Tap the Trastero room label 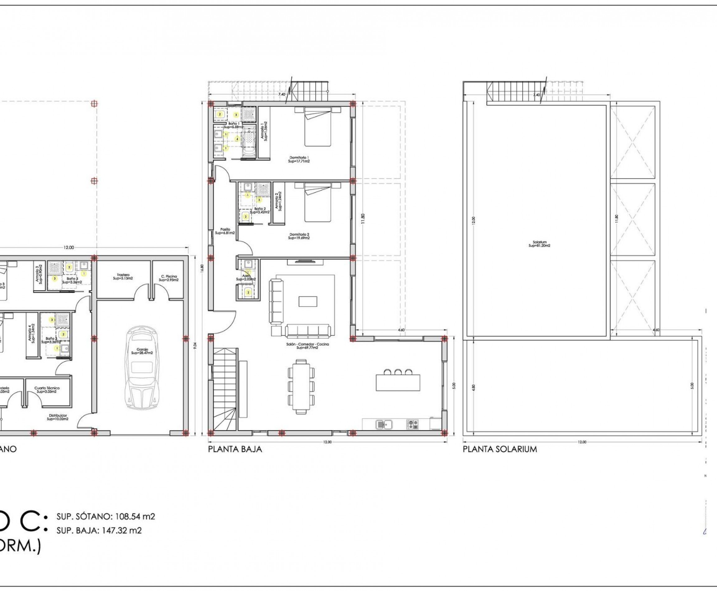(x=123, y=277)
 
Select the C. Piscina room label (x=169, y=278)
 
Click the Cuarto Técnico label (x=47, y=390)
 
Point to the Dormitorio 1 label (x=299, y=159)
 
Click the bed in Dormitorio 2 (x=317, y=202)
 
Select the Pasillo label (x=225, y=231)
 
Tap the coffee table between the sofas (x=307, y=301)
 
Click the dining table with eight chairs (x=301, y=387)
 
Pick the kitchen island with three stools (x=398, y=382)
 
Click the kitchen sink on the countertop (x=384, y=424)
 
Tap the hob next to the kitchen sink (x=412, y=424)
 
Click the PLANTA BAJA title (x=235, y=449)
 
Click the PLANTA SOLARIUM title (x=500, y=449)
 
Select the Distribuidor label (x=58, y=417)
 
